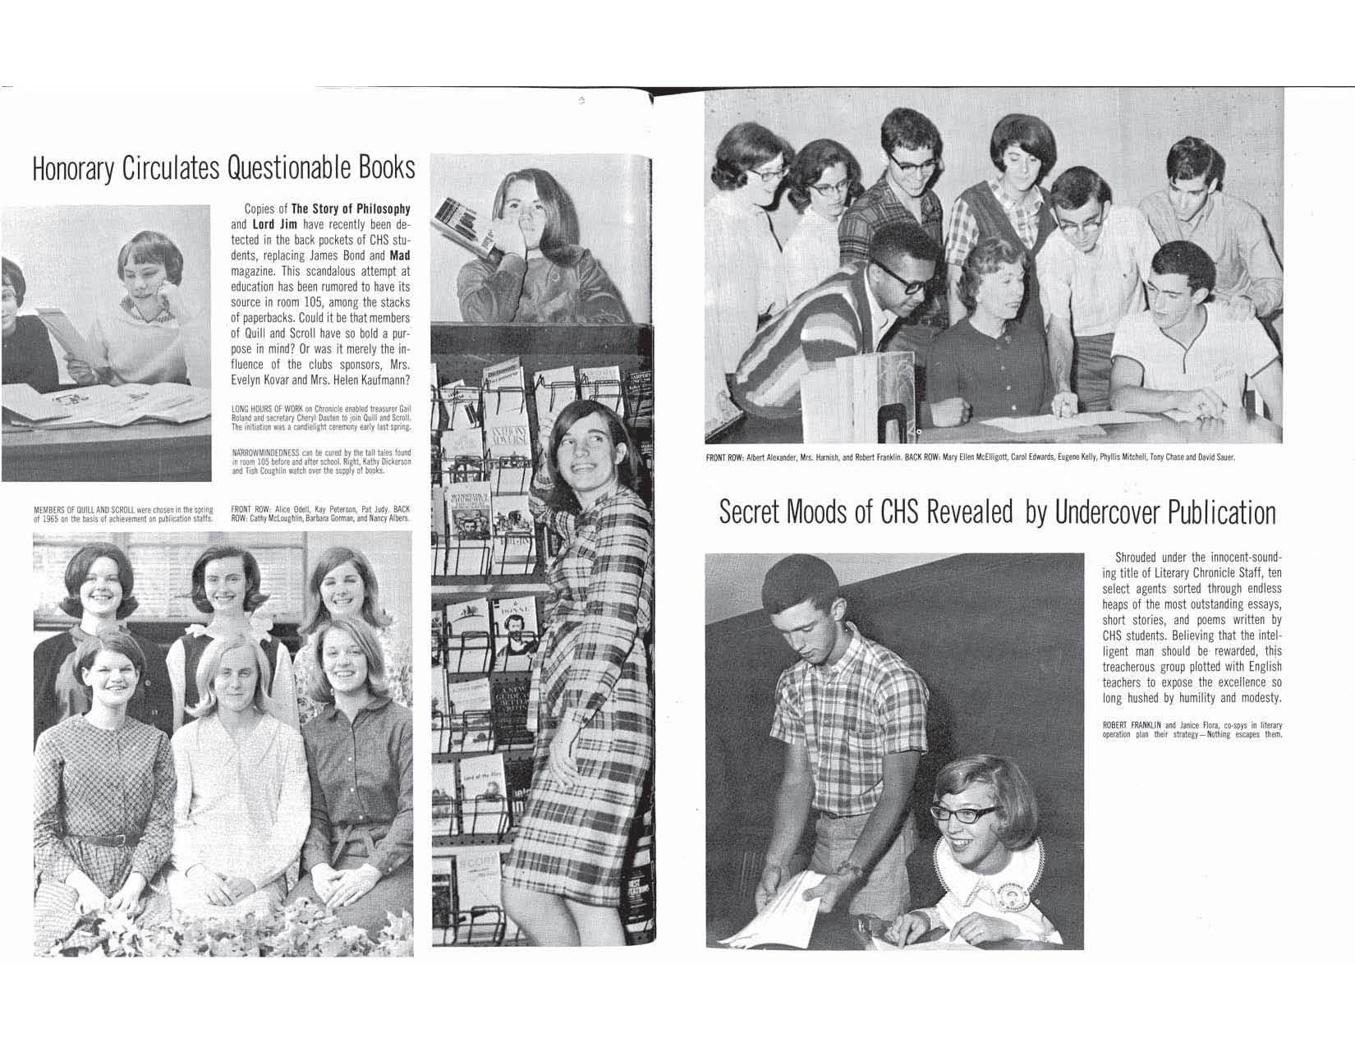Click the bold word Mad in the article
coord(399,255)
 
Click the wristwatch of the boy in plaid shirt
coord(852,868)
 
